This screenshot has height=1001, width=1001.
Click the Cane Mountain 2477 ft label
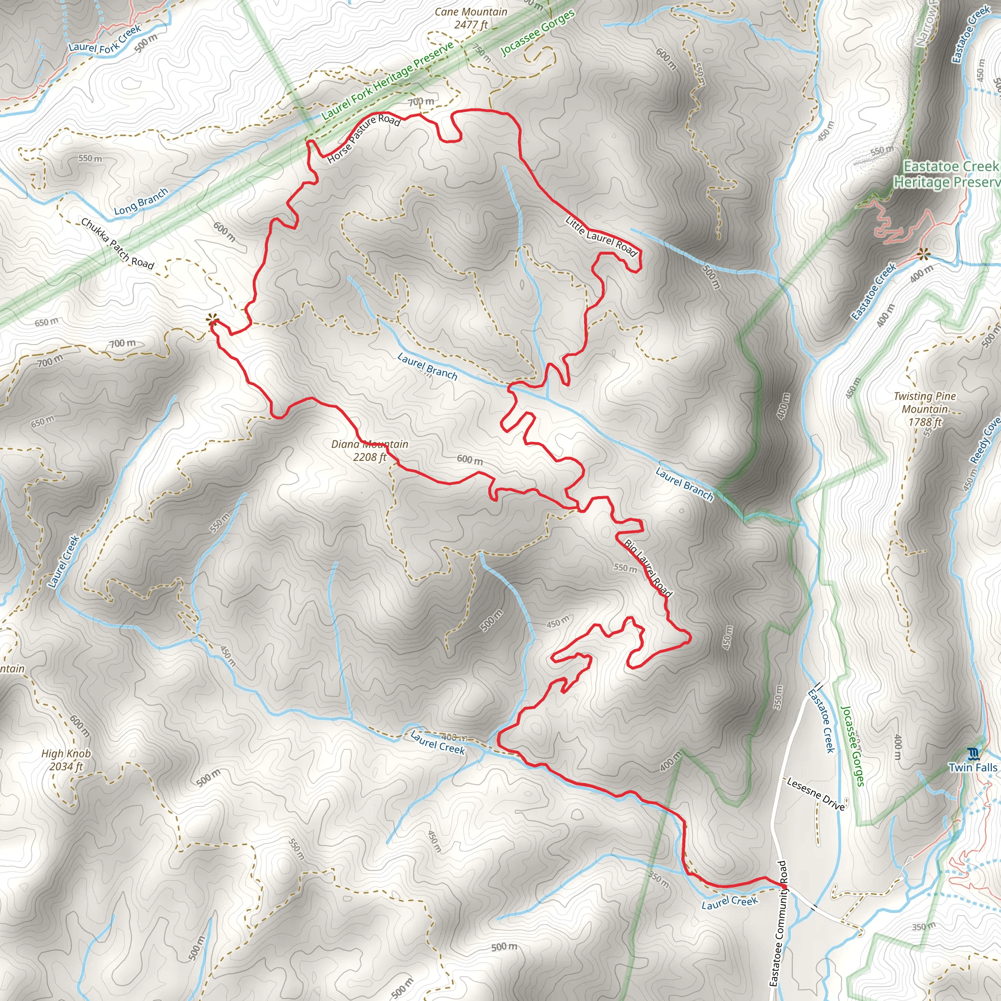(471, 18)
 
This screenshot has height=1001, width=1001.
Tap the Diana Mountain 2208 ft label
(370, 450)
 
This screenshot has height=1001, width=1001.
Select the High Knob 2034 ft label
(66, 760)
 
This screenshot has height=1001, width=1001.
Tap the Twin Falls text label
(973, 767)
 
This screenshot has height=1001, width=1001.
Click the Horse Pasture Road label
(364, 138)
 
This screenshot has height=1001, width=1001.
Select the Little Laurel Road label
(601, 236)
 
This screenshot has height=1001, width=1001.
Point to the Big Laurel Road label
(648, 568)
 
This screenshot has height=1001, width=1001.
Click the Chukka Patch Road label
(117, 243)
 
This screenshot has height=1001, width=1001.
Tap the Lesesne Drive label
(816, 794)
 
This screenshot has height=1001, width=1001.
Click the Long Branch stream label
(141, 201)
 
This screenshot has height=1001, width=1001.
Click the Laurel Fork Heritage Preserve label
(388, 80)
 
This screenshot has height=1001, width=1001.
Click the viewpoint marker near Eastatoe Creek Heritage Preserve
(923, 253)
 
